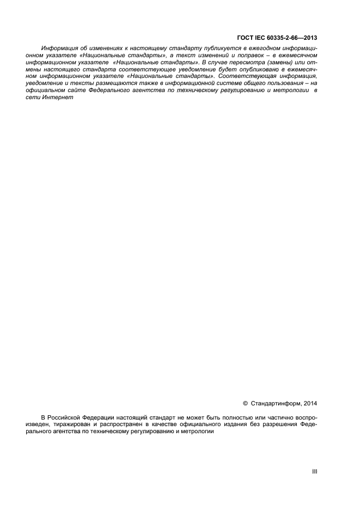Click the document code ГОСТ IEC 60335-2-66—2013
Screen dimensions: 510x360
pyautogui.click(x=277, y=38)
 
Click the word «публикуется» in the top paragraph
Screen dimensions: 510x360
pyautogui.click(x=210, y=49)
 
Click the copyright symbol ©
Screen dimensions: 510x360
pyautogui.click(x=245, y=404)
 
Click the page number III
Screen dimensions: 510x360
pyautogui.click(x=314, y=472)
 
